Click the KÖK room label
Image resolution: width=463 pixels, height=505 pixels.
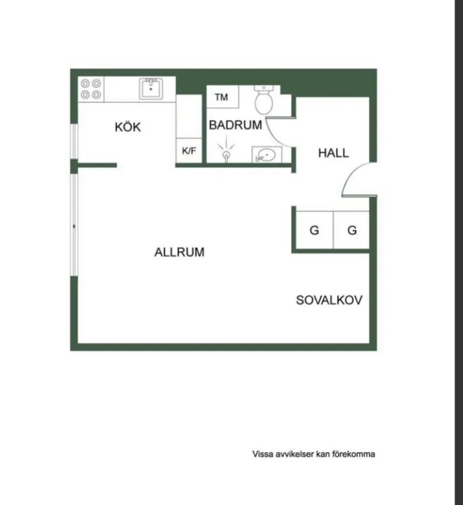pyautogui.click(x=128, y=126)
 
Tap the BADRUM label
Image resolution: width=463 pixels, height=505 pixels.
pyautogui.click(x=236, y=125)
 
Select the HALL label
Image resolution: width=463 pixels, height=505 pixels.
pyautogui.click(x=333, y=153)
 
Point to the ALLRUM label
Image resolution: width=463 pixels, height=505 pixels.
pyautogui.click(x=180, y=252)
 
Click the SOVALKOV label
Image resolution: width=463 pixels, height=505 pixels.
pyautogui.click(x=329, y=300)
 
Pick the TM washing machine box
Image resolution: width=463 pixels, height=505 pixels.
pyautogui.click(x=222, y=97)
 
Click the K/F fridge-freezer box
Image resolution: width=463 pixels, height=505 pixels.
pyautogui.click(x=189, y=150)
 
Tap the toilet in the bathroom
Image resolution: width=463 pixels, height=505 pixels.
pyautogui.click(x=263, y=99)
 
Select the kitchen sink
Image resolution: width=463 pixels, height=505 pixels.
pyautogui.click(x=151, y=88)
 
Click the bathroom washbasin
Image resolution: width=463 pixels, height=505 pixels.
pyautogui.click(x=266, y=155)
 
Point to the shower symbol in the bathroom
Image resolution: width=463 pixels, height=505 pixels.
pyautogui.click(x=226, y=150)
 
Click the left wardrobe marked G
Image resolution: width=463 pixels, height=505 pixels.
pyautogui.click(x=314, y=230)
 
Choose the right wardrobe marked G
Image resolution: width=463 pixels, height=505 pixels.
pyautogui.click(x=351, y=230)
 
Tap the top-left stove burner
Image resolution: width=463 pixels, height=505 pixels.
pyautogui.click(x=85, y=84)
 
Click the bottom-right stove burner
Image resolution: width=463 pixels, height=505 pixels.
pyautogui.click(x=96, y=94)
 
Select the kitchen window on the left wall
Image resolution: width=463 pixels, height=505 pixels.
pyautogui.click(x=74, y=141)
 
